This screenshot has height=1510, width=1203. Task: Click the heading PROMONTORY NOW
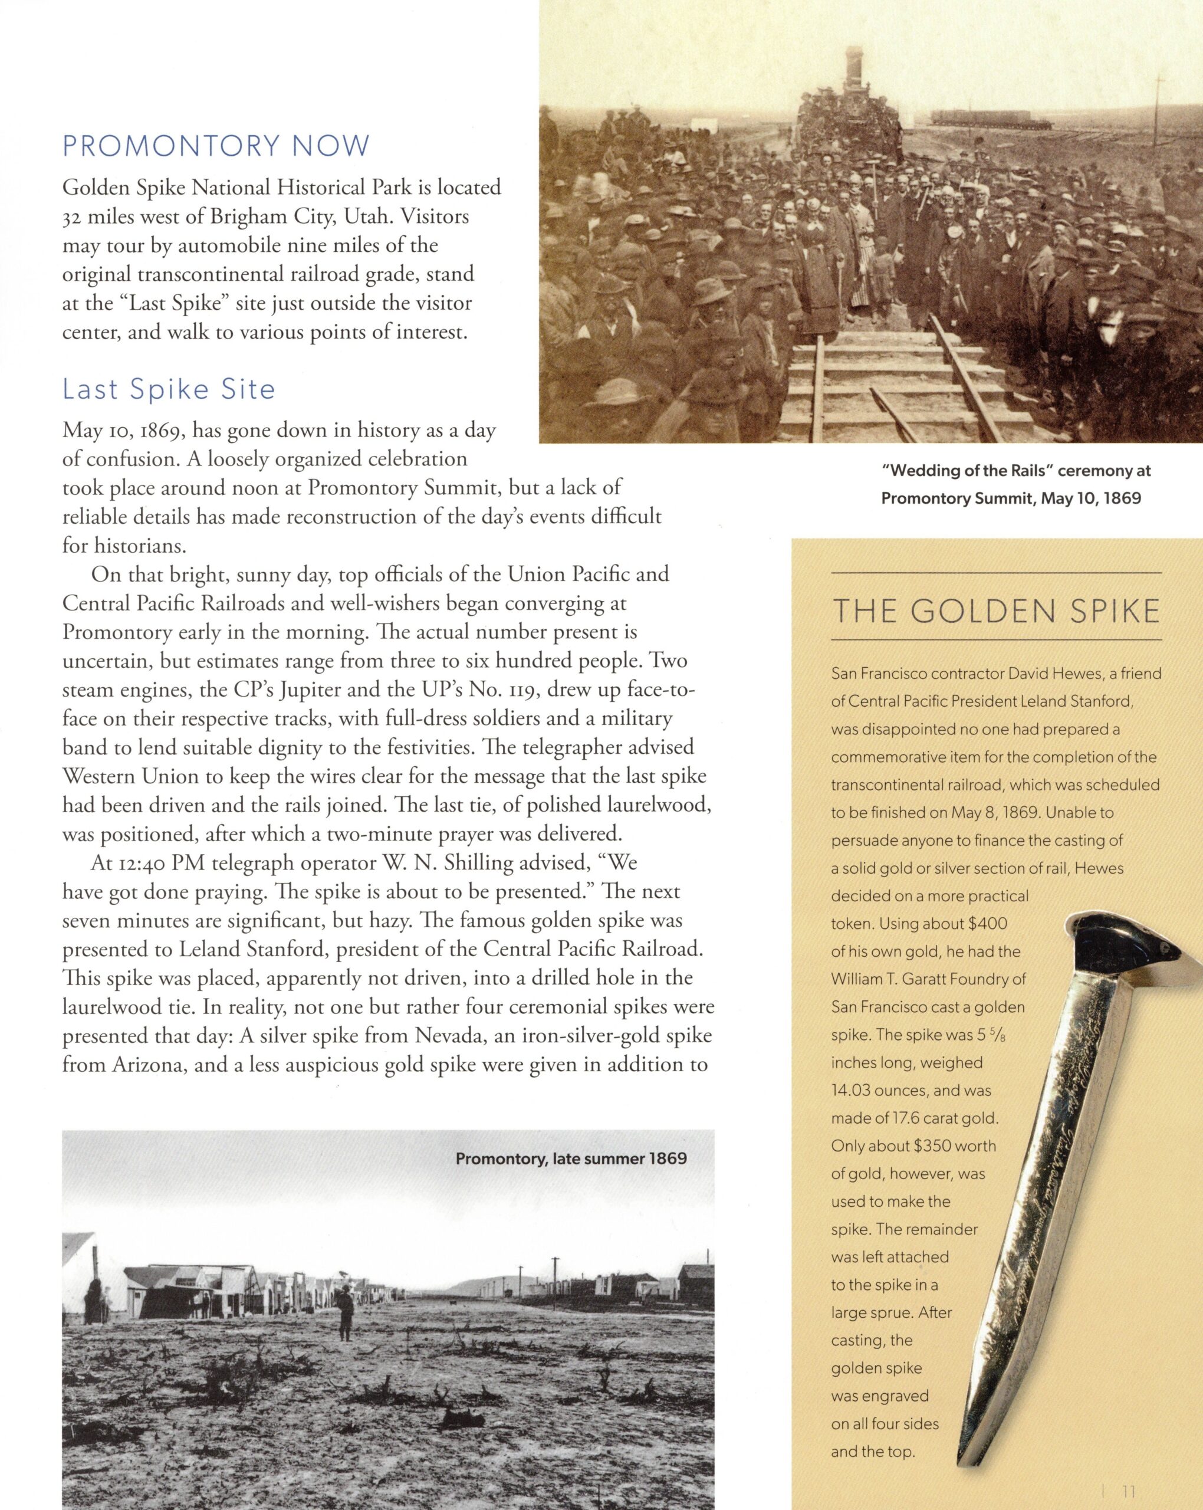pos(216,146)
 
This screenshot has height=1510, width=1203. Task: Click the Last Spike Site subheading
pos(169,389)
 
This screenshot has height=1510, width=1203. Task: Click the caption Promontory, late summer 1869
pos(571,1158)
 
